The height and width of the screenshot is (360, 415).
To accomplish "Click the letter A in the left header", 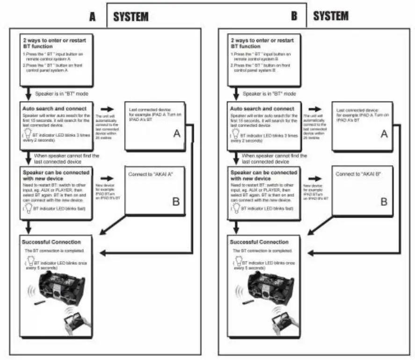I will pyautogui.click(x=93, y=17).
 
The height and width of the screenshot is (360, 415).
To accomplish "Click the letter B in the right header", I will pyautogui.click(x=294, y=16).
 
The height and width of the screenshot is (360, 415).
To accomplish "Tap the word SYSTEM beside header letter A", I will pyautogui.click(x=131, y=17).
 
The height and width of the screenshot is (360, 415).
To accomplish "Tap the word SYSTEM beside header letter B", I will pyautogui.click(x=331, y=16).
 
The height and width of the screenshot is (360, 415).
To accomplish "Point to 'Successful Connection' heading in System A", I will pyautogui.click(x=51, y=242).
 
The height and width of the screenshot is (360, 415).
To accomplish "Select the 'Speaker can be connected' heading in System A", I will pyautogui.click(x=55, y=173).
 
